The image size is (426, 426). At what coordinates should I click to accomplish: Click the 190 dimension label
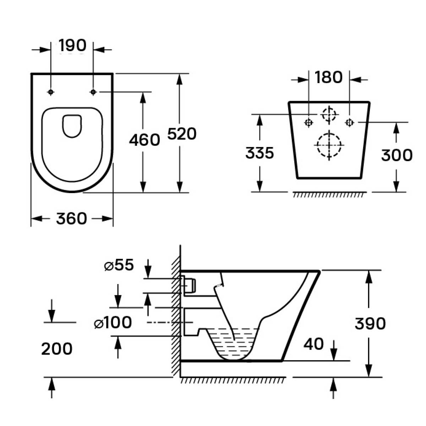click(x=72, y=45)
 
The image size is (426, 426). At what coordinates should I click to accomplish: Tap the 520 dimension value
click(x=182, y=134)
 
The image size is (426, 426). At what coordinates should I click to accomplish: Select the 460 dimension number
click(x=144, y=140)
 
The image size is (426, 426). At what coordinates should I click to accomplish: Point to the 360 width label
click(x=71, y=219)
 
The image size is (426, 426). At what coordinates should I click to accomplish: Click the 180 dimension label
click(x=328, y=77)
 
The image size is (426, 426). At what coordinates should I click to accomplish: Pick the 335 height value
click(x=260, y=153)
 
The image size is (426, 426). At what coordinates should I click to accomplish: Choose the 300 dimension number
click(x=397, y=155)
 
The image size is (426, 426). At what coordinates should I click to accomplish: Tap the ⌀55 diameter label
click(x=119, y=265)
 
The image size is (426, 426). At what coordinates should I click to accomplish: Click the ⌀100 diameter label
click(x=113, y=323)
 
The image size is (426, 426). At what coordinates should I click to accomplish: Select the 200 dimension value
click(x=57, y=349)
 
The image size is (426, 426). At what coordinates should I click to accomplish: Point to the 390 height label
click(x=370, y=323)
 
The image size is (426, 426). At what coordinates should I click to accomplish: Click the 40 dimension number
click(x=313, y=344)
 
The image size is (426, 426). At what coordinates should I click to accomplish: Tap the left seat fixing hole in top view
click(x=51, y=92)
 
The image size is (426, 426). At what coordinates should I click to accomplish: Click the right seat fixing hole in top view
click(x=93, y=92)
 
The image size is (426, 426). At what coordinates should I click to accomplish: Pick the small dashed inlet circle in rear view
click(x=329, y=114)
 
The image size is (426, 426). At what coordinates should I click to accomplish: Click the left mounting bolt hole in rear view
click(x=308, y=122)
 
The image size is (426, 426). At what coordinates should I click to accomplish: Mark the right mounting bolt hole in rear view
click(x=350, y=122)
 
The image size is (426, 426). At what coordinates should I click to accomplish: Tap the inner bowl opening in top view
click(x=72, y=125)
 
